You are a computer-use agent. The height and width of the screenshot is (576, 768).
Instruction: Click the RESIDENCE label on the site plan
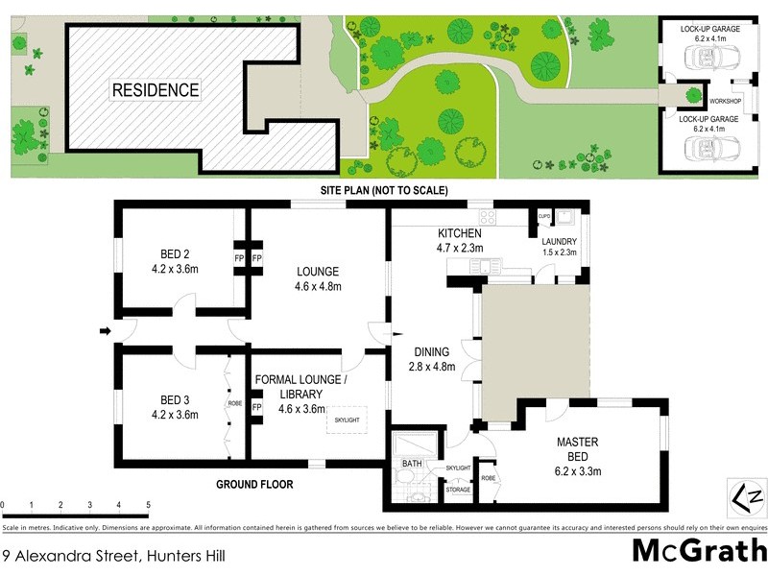tap(156, 91)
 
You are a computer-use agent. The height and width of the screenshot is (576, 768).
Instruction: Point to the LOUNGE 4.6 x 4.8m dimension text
tap(318, 286)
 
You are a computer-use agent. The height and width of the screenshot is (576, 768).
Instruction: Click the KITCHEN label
tap(459, 234)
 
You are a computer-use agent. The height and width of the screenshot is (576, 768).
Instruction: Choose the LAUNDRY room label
tap(559, 242)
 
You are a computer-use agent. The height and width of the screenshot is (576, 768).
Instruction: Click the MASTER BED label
tap(578, 443)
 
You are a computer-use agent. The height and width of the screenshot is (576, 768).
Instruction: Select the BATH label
tap(411, 464)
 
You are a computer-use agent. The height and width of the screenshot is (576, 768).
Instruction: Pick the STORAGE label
tap(458, 490)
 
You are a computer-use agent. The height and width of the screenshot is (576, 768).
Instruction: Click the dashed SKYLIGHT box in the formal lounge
tap(348, 420)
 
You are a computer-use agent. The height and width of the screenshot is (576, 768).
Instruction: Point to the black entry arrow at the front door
tap(104, 332)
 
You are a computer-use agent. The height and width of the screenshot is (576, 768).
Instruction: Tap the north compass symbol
tap(749, 496)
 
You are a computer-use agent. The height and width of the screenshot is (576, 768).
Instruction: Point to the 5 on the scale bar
tap(148, 504)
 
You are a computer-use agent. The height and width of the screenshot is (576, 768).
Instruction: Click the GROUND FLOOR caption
tap(253, 484)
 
